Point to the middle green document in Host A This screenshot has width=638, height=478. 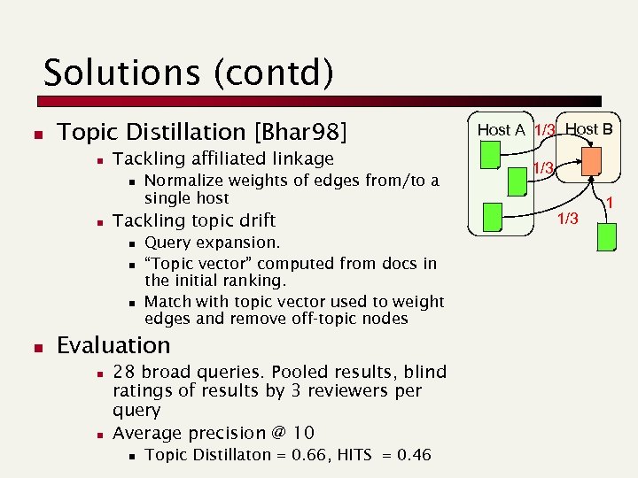[x=518, y=181]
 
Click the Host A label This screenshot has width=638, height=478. [x=502, y=129]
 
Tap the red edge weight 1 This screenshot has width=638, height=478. [x=610, y=204]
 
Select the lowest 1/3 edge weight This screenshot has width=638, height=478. [x=565, y=219]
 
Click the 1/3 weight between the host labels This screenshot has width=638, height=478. [x=544, y=130]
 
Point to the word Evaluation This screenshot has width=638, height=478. [x=113, y=345]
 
